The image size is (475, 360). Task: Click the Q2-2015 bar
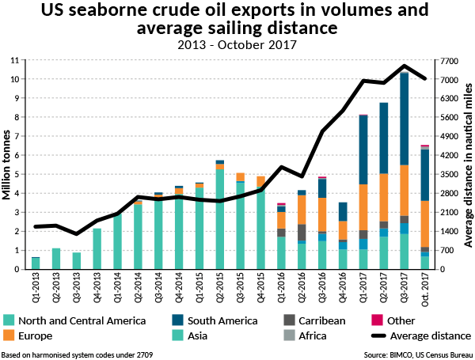tap(220, 214)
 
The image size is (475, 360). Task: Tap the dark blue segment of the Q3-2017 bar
tap(404, 119)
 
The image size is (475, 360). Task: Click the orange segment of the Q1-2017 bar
tap(363, 207)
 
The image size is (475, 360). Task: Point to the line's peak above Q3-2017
tap(404, 66)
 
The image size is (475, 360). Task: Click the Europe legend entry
tap(28, 335)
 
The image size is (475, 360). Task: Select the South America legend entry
tap(215, 320)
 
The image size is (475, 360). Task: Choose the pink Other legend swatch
tap(377, 320)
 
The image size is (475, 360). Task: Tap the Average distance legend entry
tap(421, 335)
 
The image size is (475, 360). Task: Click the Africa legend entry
tap(305, 335)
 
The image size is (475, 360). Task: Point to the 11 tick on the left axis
tap(14, 60)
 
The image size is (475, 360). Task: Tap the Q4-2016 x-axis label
tap(343, 287)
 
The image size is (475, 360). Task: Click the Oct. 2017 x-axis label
tap(425, 290)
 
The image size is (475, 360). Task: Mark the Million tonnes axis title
tap(6, 165)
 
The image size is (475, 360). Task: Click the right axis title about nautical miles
tap(468, 165)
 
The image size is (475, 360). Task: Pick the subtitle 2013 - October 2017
tap(237, 45)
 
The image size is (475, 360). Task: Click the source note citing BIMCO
tap(418, 354)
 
